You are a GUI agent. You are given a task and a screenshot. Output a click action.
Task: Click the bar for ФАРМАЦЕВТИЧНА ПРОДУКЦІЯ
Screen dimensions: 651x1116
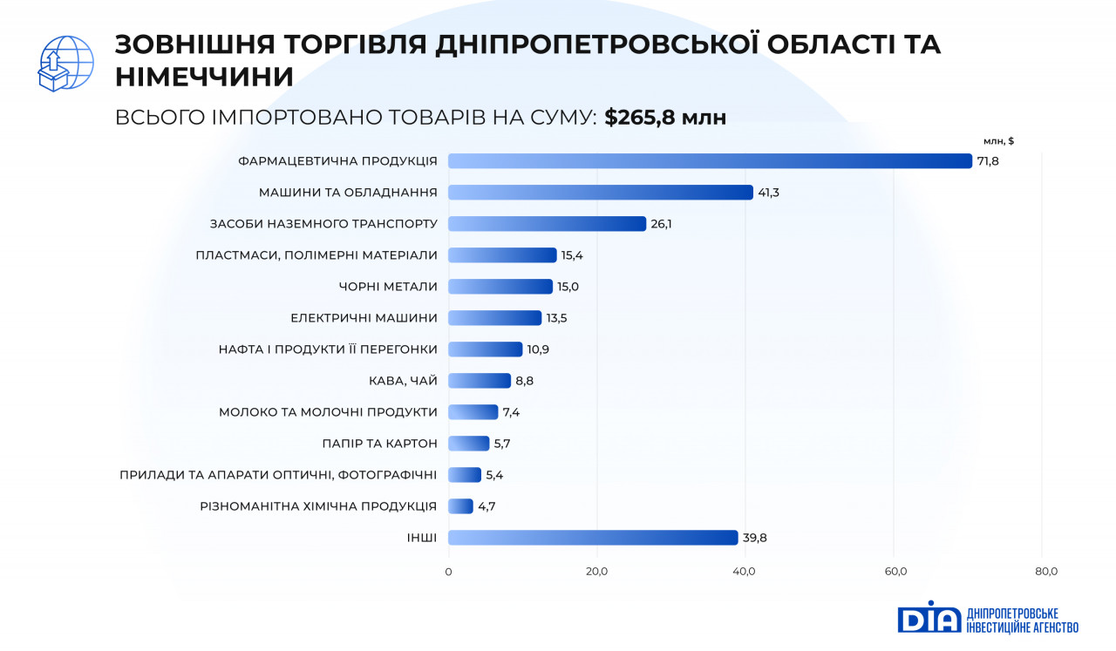click(x=710, y=161)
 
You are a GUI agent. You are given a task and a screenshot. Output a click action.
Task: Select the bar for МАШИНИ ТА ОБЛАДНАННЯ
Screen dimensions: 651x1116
click(x=600, y=193)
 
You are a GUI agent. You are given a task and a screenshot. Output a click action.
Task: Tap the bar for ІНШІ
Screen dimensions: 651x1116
click(x=593, y=538)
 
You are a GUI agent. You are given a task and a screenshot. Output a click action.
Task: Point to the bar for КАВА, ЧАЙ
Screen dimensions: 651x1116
click(x=479, y=381)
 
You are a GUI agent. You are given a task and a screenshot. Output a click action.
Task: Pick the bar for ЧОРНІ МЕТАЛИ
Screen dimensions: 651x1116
click(x=500, y=287)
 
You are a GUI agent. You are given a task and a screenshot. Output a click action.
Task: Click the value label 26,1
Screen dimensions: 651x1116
click(x=661, y=224)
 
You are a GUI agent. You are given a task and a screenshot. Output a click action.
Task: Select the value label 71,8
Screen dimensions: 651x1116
click(x=988, y=161)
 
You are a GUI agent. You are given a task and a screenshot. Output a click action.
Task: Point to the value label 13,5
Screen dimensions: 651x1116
click(x=556, y=318)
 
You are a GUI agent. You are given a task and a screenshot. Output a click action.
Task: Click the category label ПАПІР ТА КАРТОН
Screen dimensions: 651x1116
click(x=379, y=444)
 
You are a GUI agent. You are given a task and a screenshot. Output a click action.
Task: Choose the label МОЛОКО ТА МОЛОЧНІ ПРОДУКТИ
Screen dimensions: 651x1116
click(x=328, y=412)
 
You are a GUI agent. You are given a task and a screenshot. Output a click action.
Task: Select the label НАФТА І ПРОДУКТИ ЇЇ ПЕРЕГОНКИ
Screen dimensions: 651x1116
click(x=328, y=349)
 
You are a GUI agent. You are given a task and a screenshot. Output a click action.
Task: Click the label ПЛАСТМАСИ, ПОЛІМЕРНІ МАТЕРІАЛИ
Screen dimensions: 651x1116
click(x=316, y=255)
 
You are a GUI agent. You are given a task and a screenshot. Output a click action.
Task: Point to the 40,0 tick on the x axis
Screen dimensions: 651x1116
click(x=745, y=572)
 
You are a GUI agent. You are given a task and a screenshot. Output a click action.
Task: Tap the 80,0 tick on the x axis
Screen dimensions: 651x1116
click(x=1045, y=572)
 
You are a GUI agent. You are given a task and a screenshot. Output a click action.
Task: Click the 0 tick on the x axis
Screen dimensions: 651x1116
click(x=448, y=572)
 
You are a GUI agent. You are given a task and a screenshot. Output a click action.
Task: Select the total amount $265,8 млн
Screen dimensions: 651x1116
click(x=665, y=118)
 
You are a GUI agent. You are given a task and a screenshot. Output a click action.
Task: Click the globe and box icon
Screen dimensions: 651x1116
click(x=65, y=63)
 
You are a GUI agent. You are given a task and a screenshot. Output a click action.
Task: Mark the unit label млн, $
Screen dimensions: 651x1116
click(x=998, y=140)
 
